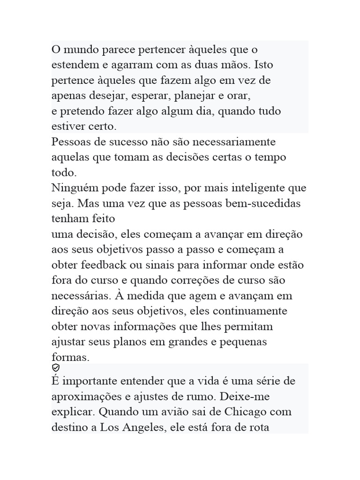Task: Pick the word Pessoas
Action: [72, 142]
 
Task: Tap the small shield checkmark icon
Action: [55, 368]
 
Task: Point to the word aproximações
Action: [87, 397]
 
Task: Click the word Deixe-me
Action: [252, 397]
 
